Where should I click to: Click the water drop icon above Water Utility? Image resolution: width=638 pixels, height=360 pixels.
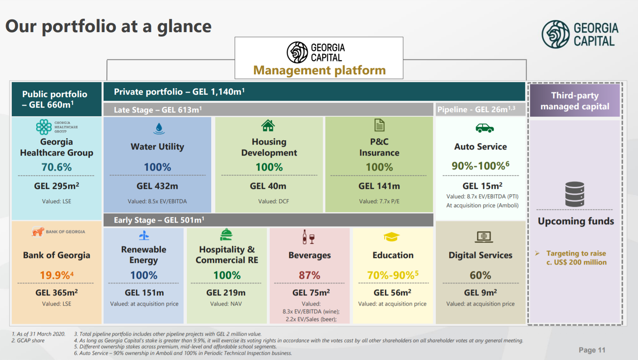click(x=159, y=128)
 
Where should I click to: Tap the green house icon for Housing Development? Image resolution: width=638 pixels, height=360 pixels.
click(x=268, y=126)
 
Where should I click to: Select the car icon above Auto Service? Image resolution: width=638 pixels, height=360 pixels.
click(x=484, y=128)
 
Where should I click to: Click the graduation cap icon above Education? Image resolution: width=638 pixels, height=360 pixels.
click(x=391, y=236)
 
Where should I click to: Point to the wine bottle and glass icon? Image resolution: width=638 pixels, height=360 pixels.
click(x=308, y=237)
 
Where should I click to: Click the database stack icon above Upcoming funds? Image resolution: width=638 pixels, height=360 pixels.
click(x=575, y=194)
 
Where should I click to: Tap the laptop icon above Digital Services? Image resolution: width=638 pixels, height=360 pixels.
click(x=484, y=236)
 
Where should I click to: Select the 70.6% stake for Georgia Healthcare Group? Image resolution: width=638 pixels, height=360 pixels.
click(x=56, y=167)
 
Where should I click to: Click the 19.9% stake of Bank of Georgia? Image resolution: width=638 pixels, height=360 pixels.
click(x=56, y=275)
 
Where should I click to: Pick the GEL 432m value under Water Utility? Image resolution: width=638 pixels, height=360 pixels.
click(x=157, y=186)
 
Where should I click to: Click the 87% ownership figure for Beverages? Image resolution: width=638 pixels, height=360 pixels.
click(x=309, y=275)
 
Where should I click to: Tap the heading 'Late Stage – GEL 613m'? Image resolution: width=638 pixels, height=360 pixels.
click(x=158, y=110)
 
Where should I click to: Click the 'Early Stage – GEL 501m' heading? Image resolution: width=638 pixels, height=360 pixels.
click(x=159, y=220)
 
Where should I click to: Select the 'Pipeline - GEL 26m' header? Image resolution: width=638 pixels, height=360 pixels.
click(x=476, y=109)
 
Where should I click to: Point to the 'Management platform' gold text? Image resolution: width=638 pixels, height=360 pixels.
click(x=320, y=70)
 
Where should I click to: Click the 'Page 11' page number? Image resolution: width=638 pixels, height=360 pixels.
click(x=592, y=350)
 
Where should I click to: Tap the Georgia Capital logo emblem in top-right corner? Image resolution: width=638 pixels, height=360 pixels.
click(x=556, y=35)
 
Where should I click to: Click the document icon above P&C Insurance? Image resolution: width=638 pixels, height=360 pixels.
click(x=379, y=125)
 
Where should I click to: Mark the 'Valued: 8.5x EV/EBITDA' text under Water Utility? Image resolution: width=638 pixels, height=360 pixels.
click(x=157, y=201)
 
